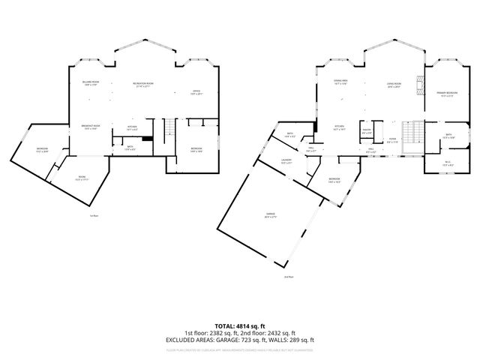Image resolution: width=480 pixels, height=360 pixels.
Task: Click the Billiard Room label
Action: pos(90,83)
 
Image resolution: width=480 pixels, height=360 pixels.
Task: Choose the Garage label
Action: pos(269,214)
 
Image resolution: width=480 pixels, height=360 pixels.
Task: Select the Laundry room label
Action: pos(286,161)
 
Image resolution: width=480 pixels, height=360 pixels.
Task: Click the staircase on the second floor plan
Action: pos(409,136)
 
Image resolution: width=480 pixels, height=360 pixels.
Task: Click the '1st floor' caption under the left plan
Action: pos(94,217)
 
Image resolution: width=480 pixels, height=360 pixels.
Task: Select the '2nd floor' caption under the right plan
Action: pos(289,277)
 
